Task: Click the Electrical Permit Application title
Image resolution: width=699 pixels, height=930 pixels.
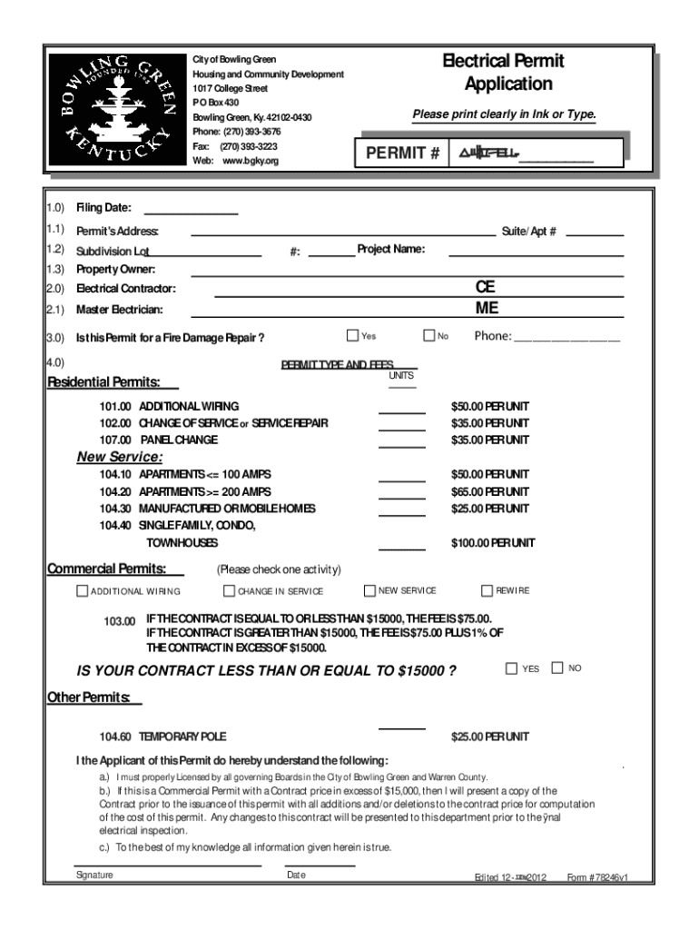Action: (x=502, y=73)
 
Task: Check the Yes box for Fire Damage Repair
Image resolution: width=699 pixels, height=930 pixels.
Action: (x=353, y=336)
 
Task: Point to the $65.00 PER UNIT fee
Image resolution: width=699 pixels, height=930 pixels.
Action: (x=490, y=491)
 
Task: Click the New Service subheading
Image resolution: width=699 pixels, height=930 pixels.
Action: (x=120, y=457)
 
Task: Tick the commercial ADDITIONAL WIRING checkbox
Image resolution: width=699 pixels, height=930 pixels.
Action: (x=82, y=591)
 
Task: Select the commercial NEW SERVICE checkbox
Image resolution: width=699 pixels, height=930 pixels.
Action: (x=369, y=590)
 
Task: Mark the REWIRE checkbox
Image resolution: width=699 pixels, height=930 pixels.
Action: (x=487, y=590)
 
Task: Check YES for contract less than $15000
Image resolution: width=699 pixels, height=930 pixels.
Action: (x=511, y=668)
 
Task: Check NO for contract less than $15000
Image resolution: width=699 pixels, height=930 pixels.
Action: (x=557, y=668)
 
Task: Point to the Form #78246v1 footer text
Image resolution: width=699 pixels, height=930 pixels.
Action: (x=597, y=878)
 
